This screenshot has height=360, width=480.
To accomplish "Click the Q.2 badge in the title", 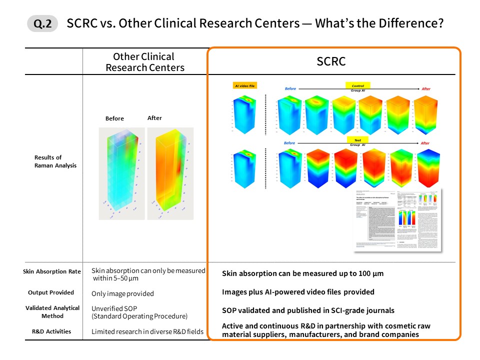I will pos(42,24).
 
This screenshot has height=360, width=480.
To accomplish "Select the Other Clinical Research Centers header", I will pos(145,62).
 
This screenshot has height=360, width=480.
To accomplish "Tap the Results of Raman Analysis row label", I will pos(55,161).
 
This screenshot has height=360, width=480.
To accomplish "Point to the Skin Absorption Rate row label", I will pos(52,271).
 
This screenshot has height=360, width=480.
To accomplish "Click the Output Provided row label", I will pos(50,292).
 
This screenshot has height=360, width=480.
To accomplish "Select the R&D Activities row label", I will pos(52,331).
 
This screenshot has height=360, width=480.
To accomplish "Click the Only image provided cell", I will pos(122,293).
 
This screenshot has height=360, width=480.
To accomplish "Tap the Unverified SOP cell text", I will pos(139,312).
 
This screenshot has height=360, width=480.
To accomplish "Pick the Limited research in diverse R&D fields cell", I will pos(148,331).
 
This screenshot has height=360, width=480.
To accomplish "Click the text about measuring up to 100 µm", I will pos(302,274).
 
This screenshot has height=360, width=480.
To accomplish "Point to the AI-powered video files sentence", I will pos(298,292).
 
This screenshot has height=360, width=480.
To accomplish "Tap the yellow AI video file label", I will pos(245,86).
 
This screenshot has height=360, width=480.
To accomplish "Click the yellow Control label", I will pos(358,86).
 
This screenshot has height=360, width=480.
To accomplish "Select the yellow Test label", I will pos(357,140).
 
